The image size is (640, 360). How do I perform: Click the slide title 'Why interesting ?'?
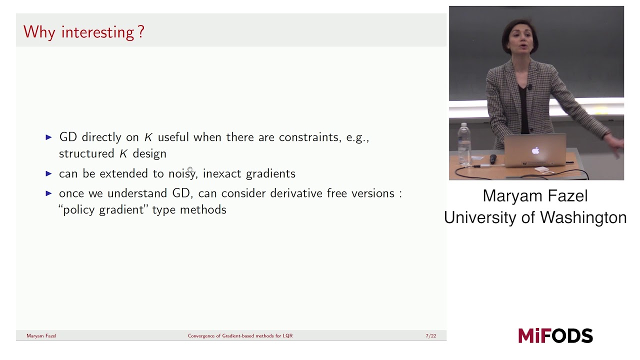tap(83, 32)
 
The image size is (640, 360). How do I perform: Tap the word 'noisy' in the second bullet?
tap(182, 173)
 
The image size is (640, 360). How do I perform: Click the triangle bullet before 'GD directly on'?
tap(48, 137)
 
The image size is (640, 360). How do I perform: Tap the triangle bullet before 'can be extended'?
tap(48, 173)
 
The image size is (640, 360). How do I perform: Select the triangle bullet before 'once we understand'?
tap(48, 193)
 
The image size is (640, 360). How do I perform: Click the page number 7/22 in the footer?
tap(430, 336)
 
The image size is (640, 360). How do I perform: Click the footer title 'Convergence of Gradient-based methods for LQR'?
tap(240, 336)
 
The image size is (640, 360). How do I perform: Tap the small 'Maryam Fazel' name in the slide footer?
tap(41, 336)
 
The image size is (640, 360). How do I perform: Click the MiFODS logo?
tap(555, 335)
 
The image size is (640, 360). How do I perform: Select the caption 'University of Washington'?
tap(535, 217)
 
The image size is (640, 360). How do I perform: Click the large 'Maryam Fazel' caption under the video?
tap(535, 195)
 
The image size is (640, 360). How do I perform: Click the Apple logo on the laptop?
tap(535, 150)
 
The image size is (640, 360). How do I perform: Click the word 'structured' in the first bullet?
tap(86, 153)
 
